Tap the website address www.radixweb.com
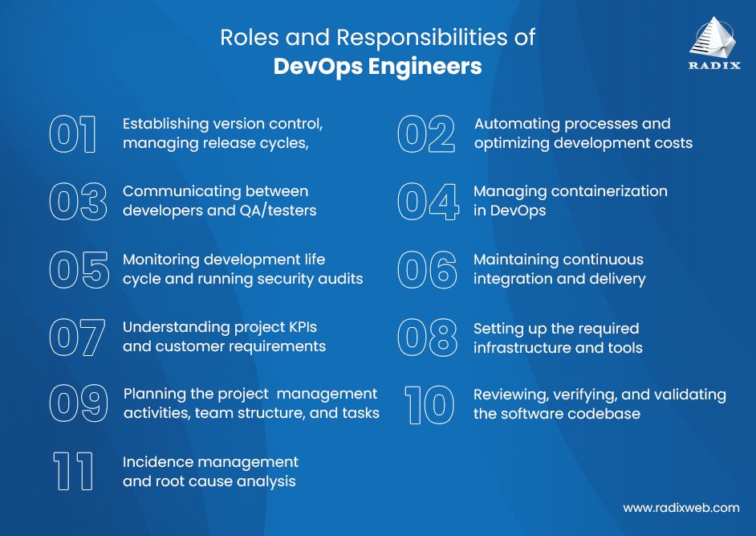[x=681, y=508]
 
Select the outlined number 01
[x=73, y=134]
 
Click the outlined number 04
[x=428, y=202]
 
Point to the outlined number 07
[x=77, y=338]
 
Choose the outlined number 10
[x=429, y=404]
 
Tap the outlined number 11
[x=73, y=472]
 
